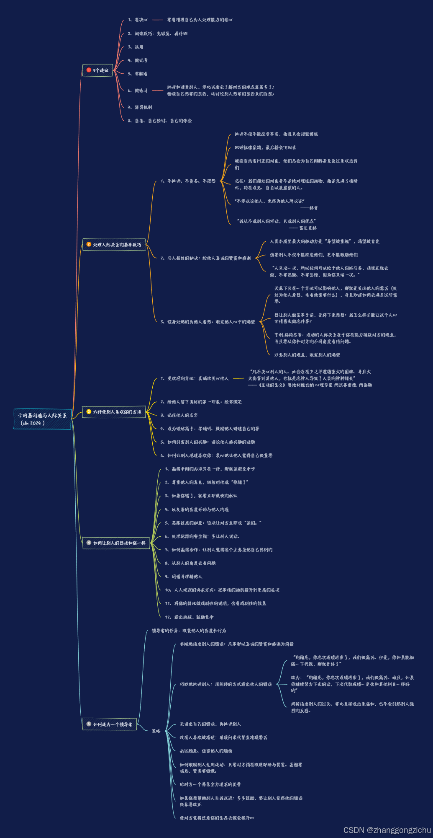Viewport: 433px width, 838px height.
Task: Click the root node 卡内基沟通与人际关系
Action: (x=42, y=419)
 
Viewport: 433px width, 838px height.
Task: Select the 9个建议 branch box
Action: (x=97, y=70)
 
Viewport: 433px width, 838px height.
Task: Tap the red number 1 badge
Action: (x=89, y=70)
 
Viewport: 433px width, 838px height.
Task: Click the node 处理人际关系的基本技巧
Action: (x=114, y=245)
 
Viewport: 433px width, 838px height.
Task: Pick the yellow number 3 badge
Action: (x=89, y=412)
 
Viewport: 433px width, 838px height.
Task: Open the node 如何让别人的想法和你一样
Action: (x=116, y=543)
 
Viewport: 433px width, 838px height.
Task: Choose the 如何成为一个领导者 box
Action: (x=110, y=724)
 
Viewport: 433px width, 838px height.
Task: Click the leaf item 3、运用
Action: (x=136, y=47)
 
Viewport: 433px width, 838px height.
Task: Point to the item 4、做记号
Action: (x=138, y=60)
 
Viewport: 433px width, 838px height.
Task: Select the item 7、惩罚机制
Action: (x=140, y=107)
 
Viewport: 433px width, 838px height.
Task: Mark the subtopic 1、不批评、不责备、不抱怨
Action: (x=188, y=181)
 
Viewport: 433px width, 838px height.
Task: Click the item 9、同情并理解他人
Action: (x=184, y=577)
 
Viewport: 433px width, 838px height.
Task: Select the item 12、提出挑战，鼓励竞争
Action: (x=189, y=617)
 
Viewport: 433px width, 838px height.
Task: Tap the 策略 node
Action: (x=156, y=731)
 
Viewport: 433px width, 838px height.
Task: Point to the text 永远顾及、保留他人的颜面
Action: (x=206, y=751)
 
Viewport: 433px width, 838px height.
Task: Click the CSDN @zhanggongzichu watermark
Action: (x=387, y=830)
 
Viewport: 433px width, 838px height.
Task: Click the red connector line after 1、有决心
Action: (x=157, y=20)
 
